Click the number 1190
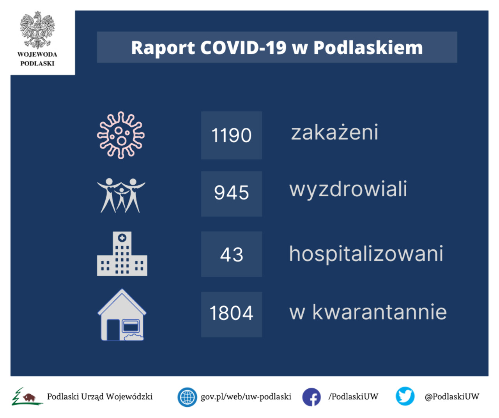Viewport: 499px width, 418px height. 231,135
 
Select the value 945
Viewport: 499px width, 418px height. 231,192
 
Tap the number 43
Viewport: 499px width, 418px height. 231,255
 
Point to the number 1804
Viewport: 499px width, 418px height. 231,313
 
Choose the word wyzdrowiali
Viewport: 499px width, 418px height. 348,190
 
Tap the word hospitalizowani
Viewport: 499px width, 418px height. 366,254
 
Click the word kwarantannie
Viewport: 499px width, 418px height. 379,312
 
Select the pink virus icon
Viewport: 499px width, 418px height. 121,135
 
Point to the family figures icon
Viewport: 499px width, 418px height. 121,196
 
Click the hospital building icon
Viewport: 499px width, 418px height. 122,254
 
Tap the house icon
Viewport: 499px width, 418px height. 122,315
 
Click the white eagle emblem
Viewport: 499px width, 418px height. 37,30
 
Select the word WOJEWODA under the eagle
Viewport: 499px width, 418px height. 37,55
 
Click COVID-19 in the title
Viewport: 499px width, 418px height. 243,48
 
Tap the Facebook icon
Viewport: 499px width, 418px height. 311,397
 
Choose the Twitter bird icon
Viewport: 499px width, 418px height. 405,396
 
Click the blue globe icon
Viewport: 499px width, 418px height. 187,397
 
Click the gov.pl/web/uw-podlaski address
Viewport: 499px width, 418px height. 246,397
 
